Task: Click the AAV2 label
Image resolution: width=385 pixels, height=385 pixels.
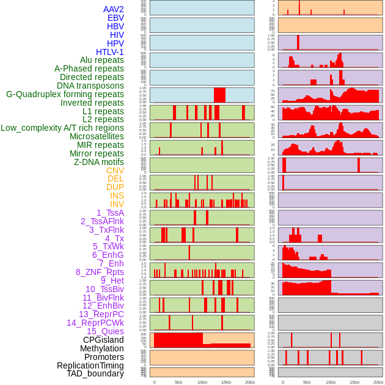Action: coord(114,9)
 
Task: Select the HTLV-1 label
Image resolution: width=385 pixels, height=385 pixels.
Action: coord(110,52)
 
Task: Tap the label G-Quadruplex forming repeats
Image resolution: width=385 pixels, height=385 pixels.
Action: coord(65,95)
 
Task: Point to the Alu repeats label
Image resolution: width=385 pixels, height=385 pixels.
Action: coord(102,61)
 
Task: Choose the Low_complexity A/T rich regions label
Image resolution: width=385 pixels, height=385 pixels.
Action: coord(62,128)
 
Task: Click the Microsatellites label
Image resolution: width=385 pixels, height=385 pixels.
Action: coord(97,136)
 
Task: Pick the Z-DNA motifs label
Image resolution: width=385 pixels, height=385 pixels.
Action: coord(98,162)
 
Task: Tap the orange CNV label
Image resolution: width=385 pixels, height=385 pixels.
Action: coord(115,170)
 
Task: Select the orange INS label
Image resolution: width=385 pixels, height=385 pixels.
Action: coord(116,196)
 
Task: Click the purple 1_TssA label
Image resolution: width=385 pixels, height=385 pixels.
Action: coord(110,213)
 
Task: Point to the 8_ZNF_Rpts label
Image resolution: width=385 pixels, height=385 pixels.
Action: coord(100,272)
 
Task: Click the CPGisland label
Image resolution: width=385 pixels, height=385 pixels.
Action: coord(103,340)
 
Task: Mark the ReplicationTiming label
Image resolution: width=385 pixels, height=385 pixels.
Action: coord(90,365)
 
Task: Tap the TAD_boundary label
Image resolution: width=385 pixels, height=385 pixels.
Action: coord(95,373)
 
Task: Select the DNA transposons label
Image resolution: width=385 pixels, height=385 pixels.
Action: coord(90,86)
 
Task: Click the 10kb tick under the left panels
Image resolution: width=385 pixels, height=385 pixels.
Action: coord(202,382)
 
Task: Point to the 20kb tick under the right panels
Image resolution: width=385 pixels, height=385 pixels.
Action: coord(378,382)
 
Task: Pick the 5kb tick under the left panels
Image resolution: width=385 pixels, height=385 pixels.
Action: coord(178,382)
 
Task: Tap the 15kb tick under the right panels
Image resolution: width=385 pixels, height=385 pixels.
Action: coord(354,382)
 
